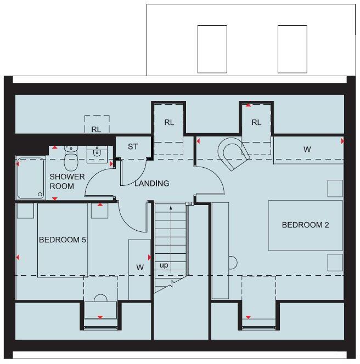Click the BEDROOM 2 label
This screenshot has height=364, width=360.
(x=305, y=225)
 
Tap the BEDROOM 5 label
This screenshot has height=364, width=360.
(x=63, y=240)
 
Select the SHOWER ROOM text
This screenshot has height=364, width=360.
(x=67, y=181)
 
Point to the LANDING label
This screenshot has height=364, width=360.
(x=152, y=184)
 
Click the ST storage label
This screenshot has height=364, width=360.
(x=133, y=147)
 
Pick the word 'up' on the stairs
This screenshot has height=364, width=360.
(x=164, y=265)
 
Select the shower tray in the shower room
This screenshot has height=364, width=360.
(x=31, y=178)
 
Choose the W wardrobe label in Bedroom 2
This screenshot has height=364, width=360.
(x=307, y=149)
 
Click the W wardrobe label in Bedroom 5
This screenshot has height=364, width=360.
(x=140, y=267)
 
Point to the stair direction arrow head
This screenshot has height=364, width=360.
(x=171, y=208)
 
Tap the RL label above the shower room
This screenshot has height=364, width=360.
(x=97, y=129)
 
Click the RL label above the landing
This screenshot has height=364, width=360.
(x=169, y=122)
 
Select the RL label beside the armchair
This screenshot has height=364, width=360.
(x=256, y=122)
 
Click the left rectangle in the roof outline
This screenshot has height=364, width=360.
(x=212, y=49)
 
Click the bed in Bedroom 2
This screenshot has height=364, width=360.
(x=305, y=225)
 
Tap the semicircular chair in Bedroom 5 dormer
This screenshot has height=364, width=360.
(x=100, y=299)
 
